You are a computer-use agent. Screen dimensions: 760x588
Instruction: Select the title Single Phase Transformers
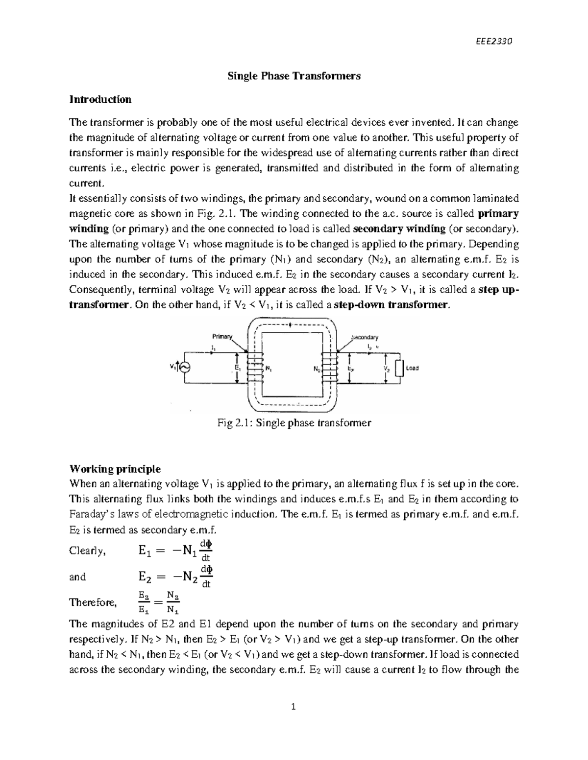coord(293,76)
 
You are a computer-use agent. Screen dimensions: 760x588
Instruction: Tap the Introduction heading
coord(100,99)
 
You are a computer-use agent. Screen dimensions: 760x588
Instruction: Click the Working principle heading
coord(115,469)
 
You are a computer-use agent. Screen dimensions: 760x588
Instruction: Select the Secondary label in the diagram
coord(365,337)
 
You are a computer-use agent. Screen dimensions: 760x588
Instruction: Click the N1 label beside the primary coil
coord(269,369)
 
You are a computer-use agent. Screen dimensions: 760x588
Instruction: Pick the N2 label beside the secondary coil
coord(317,369)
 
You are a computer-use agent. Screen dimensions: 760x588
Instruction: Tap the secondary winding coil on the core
coord(330,368)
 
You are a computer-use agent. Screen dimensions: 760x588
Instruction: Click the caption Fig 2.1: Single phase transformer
coord(294,423)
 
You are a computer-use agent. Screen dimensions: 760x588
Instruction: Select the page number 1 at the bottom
coord(294,706)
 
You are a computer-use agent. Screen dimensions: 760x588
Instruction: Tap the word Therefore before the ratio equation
coord(93,602)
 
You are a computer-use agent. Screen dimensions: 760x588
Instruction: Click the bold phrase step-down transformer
coord(390,305)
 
